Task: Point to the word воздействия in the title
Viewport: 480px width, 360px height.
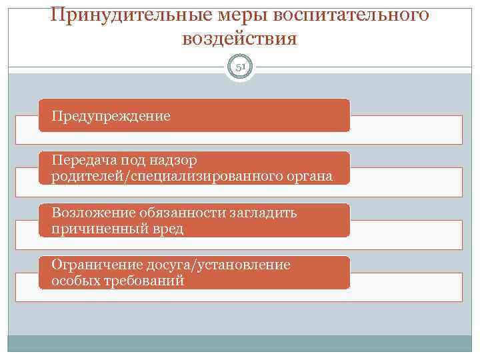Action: (239, 39)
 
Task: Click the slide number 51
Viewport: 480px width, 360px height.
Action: (240, 67)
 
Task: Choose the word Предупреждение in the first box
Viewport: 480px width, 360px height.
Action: (113, 116)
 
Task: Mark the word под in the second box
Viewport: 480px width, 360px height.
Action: (132, 161)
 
